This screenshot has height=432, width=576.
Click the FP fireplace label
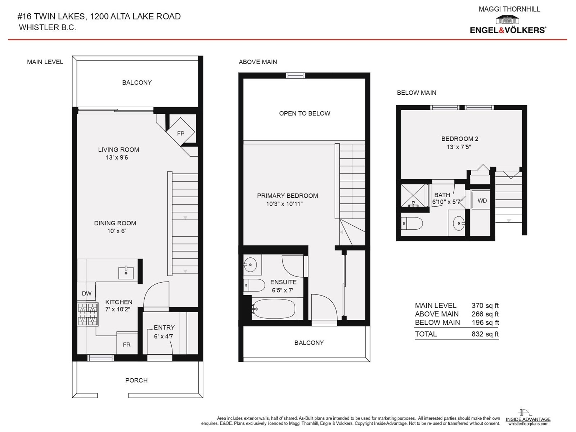click(x=181, y=134)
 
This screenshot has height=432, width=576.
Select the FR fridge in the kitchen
click(x=127, y=343)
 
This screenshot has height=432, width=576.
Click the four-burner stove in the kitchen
click(x=87, y=314)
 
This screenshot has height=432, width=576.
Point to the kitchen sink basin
click(x=126, y=273)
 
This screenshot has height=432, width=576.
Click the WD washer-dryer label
click(x=482, y=201)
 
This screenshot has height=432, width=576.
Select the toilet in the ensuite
click(x=254, y=285)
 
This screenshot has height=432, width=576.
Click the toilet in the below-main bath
click(x=412, y=224)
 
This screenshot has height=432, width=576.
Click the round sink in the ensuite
click(x=250, y=265)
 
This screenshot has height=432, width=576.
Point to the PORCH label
click(x=136, y=380)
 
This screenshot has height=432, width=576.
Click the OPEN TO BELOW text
click(x=305, y=113)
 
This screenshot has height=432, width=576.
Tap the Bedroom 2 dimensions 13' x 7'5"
click(x=459, y=147)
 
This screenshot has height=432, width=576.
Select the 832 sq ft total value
click(x=485, y=334)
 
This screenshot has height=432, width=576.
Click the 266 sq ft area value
click(x=485, y=314)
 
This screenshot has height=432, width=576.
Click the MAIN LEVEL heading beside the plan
click(x=45, y=62)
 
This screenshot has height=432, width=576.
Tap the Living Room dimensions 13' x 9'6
click(x=117, y=157)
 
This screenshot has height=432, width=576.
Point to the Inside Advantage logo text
click(x=528, y=419)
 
